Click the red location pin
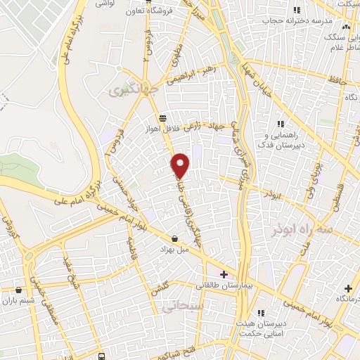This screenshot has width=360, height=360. (181, 165)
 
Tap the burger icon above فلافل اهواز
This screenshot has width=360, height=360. (162, 118)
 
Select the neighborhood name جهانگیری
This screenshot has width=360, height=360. (130, 89)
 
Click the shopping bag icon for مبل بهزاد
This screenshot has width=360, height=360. (174, 238)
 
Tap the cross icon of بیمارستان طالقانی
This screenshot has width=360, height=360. (224, 274)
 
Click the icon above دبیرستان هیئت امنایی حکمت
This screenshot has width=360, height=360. (262, 312)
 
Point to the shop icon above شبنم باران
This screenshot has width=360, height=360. (19, 289)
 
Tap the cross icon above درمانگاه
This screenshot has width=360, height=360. (348, 289)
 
